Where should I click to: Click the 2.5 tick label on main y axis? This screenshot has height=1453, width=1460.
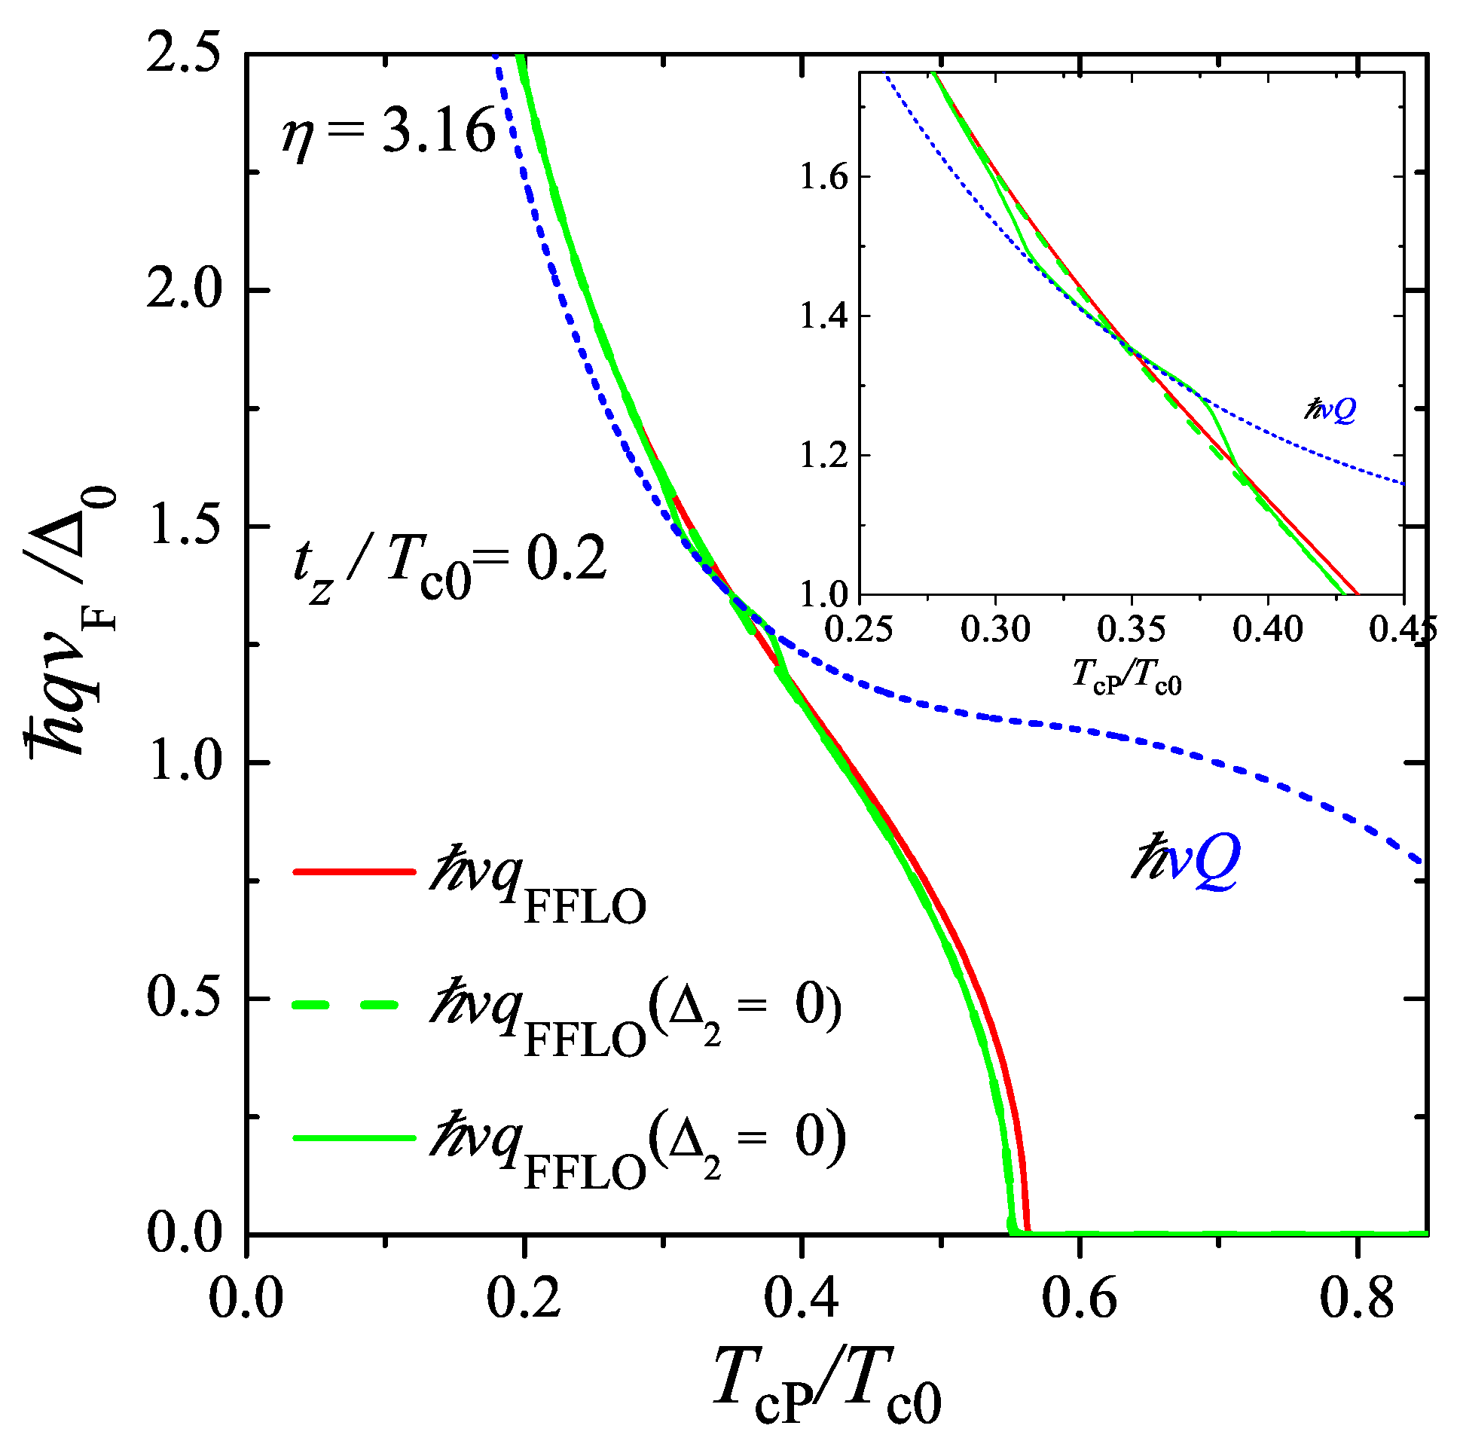coord(184,54)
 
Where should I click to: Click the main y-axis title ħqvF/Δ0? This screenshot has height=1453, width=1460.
coord(72,620)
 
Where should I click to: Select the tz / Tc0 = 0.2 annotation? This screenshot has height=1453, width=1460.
coord(451,566)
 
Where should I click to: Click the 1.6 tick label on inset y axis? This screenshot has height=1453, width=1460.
coord(823,177)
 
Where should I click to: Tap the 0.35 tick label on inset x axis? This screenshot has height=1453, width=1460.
coord(1132,629)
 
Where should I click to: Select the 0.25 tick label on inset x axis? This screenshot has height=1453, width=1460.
coord(860,629)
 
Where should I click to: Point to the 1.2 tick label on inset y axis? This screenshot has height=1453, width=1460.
coord(823,456)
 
